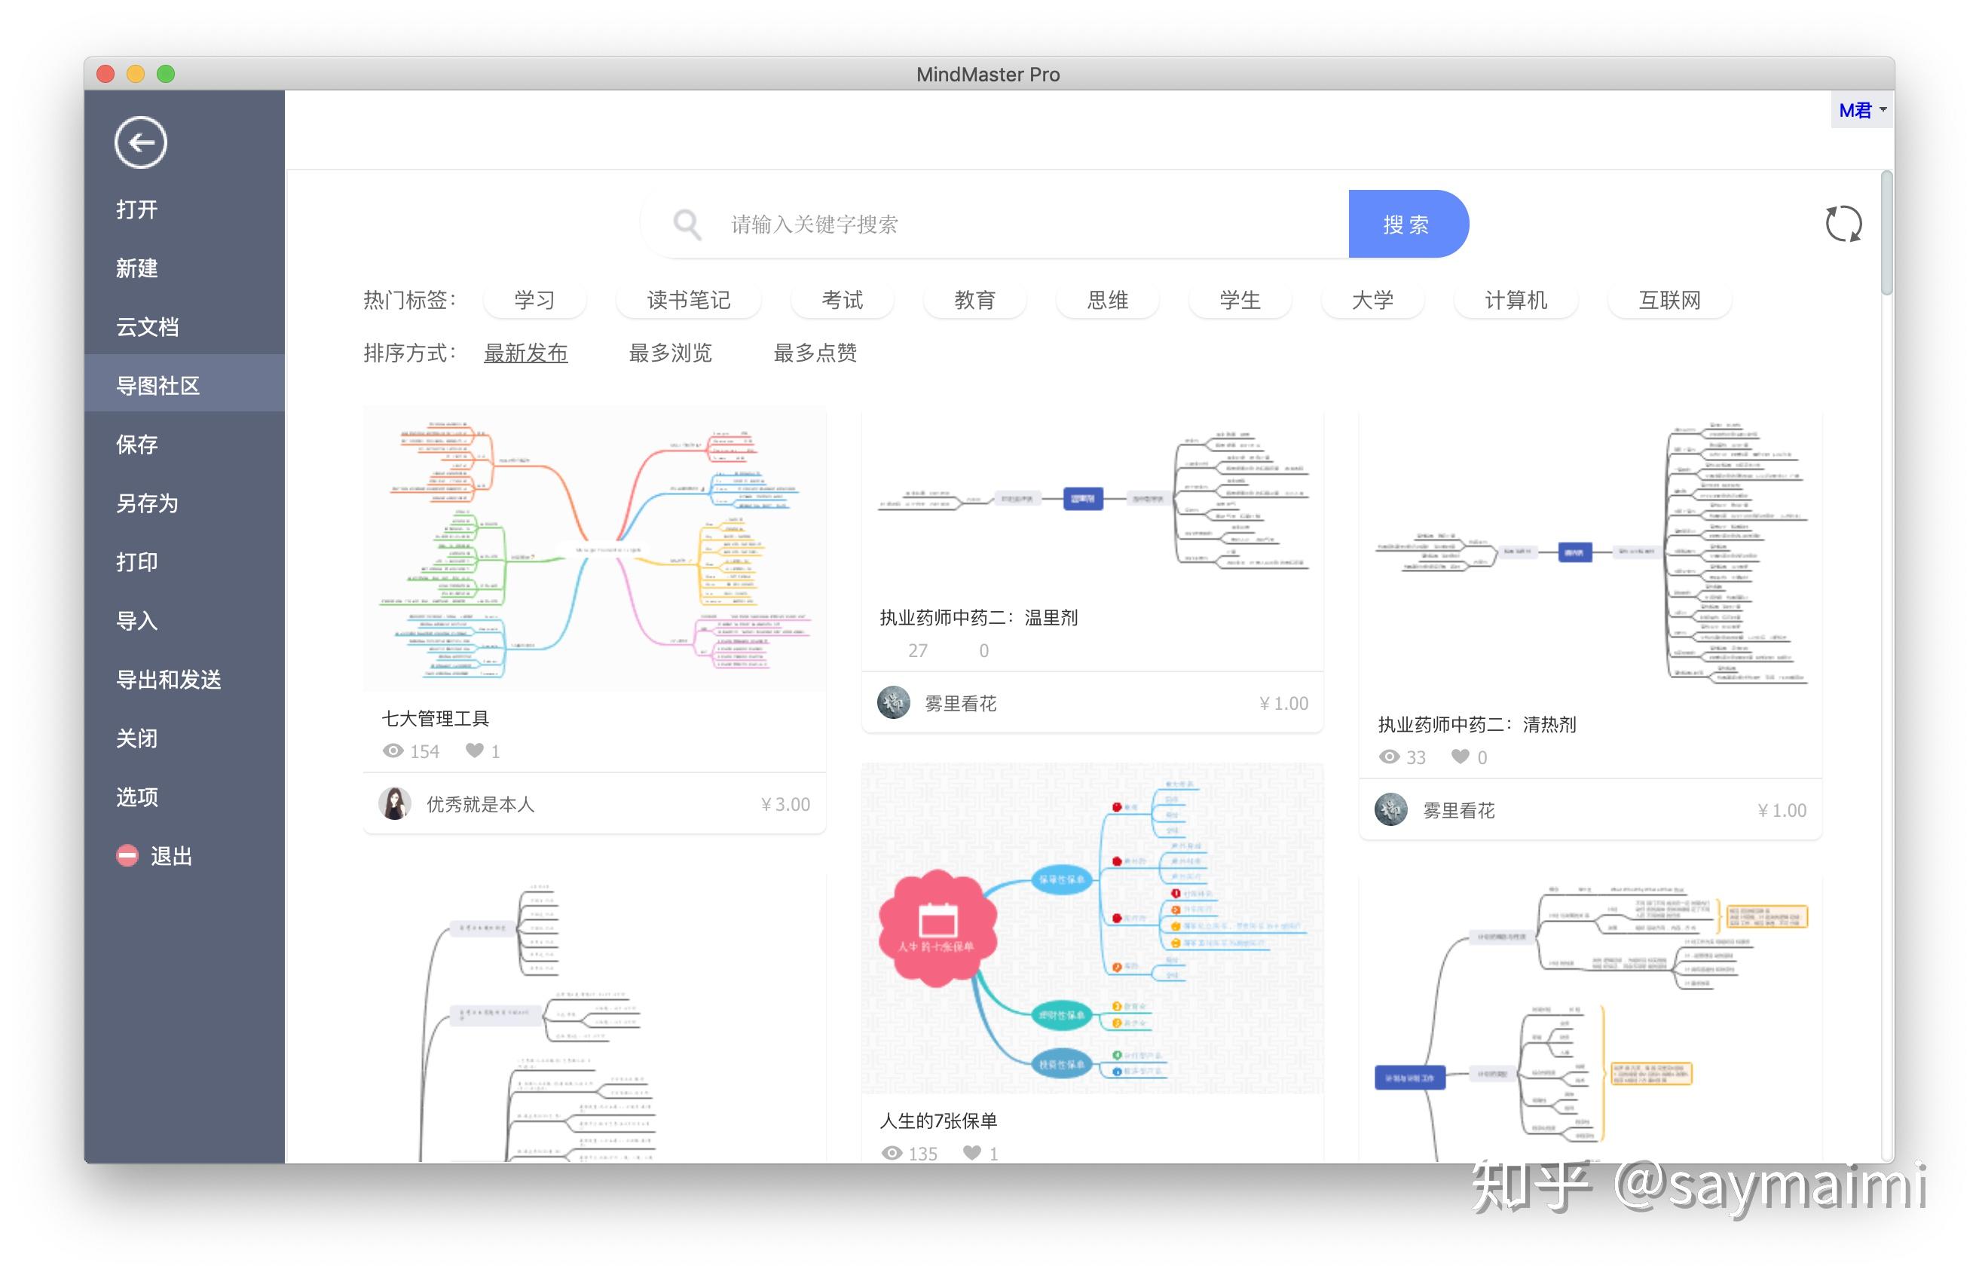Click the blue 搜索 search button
(x=1407, y=225)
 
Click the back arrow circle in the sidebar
(x=141, y=142)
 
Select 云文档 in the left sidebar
(x=148, y=327)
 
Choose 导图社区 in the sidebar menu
(x=158, y=386)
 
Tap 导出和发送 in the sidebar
(x=169, y=680)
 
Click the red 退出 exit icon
(x=127, y=855)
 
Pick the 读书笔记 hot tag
(x=688, y=300)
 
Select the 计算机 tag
(x=1516, y=300)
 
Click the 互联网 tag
(x=1669, y=300)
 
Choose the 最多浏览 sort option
(x=670, y=353)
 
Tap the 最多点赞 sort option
(x=815, y=353)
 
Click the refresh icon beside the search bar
(x=1843, y=225)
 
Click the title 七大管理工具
(x=436, y=719)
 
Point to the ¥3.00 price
(x=785, y=804)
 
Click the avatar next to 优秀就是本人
(x=395, y=804)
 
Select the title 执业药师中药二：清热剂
(x=1476, y=724)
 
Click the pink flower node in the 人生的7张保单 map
(x=938, y=928)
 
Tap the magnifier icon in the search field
(x=687, y=225)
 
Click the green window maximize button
(x=166, y=75)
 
